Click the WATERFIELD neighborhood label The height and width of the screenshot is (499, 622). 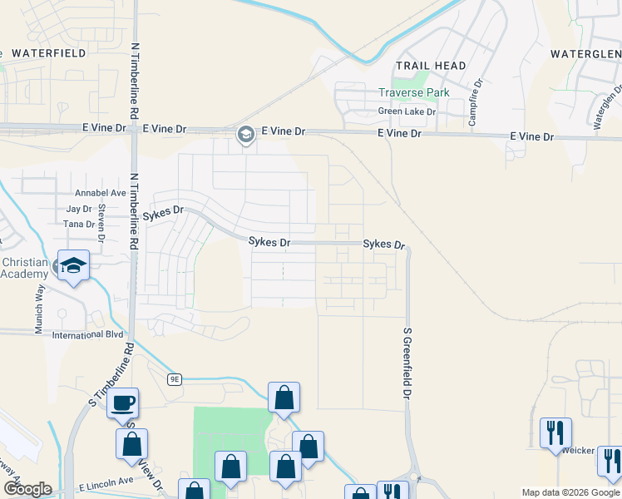(x=49, y=52)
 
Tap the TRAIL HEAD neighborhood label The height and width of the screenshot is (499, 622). (x=431, y=65)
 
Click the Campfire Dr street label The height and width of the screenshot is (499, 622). (x=473, y=103)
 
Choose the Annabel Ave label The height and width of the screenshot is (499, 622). (x=100, y=193)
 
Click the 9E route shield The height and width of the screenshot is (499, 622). (x=174, y=379)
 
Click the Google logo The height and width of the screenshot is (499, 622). (x=28, y=489)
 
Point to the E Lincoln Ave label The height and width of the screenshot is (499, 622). (x=106, y=482)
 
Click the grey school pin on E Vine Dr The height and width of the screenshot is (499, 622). (x=245, y=134)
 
